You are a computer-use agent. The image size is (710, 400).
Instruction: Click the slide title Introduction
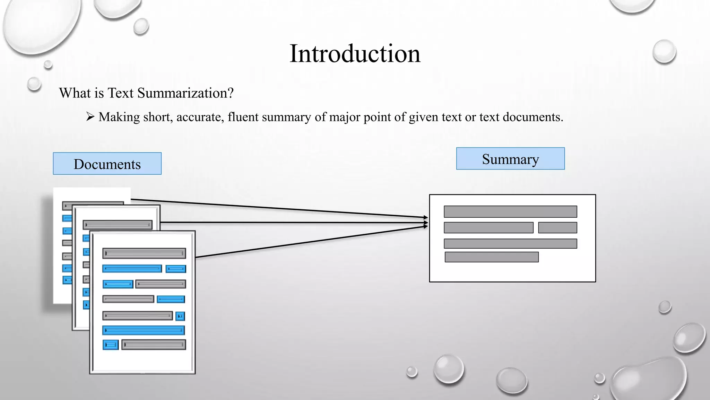coord(355,54)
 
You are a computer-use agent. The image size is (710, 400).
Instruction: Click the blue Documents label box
coord(107,164)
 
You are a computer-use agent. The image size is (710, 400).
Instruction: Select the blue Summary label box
coord(510,159)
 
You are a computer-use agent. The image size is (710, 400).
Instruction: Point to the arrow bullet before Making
coord(90,117)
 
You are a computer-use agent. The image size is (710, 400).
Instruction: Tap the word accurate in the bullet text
coord(200,117)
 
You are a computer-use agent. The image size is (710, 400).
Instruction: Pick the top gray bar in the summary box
coord(510,211)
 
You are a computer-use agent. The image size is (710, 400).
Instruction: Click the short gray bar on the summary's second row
coord(557,228)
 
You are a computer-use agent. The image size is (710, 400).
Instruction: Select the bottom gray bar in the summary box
coord(492,257)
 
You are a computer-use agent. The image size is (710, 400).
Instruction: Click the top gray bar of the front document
coord(144,253)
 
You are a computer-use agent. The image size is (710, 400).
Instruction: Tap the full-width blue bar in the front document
coord(144,330)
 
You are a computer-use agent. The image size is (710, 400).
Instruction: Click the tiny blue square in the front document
coord(180,316)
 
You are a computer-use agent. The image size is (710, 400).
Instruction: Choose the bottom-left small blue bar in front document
coord(111,345)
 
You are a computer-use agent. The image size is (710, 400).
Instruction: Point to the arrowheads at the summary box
coord(426,222)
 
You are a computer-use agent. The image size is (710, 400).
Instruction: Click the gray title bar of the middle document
coord(118,225)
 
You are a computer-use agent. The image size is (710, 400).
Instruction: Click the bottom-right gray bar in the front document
coord(154,345)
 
